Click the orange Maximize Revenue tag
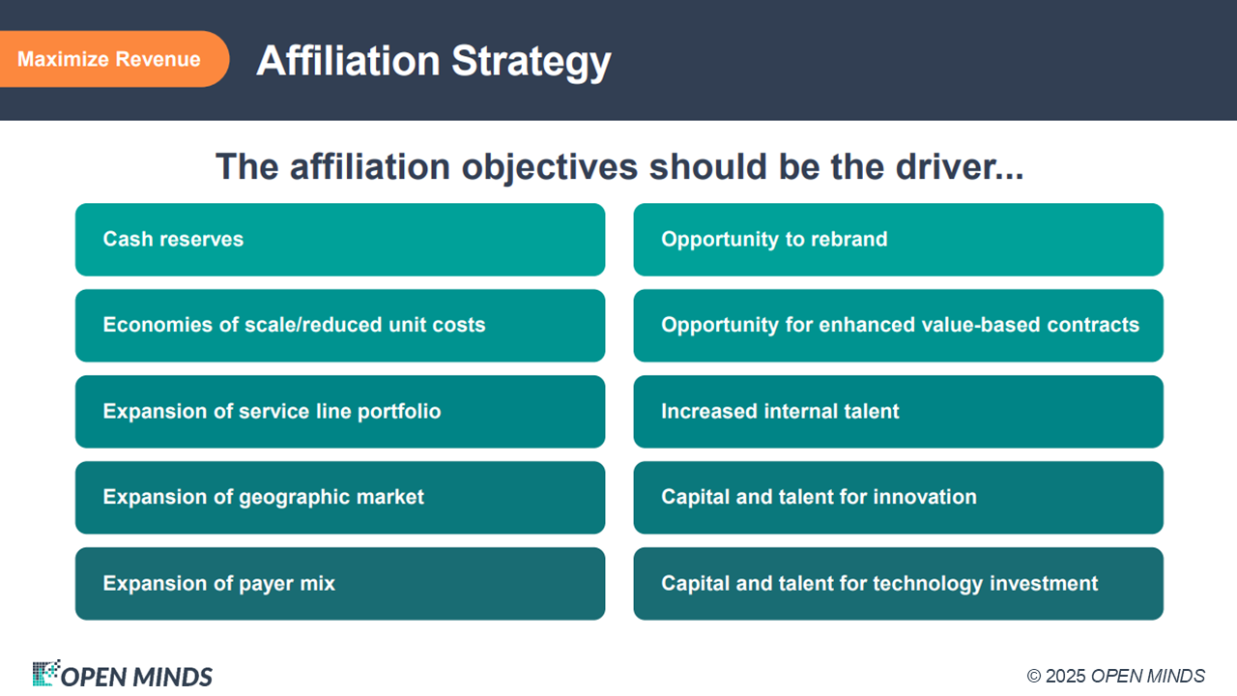114,59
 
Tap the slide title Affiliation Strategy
434,62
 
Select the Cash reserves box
340,240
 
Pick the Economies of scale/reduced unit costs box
340,326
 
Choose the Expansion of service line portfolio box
340,412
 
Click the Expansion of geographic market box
340,498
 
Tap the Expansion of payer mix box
340,584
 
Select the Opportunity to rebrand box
899,240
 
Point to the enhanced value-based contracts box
899,326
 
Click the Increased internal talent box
899,412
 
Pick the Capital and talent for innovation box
899,498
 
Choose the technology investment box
899,584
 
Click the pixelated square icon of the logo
46,673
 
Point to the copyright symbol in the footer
1034,676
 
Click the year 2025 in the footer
1066,676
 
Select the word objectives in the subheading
550,168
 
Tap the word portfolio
399,412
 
